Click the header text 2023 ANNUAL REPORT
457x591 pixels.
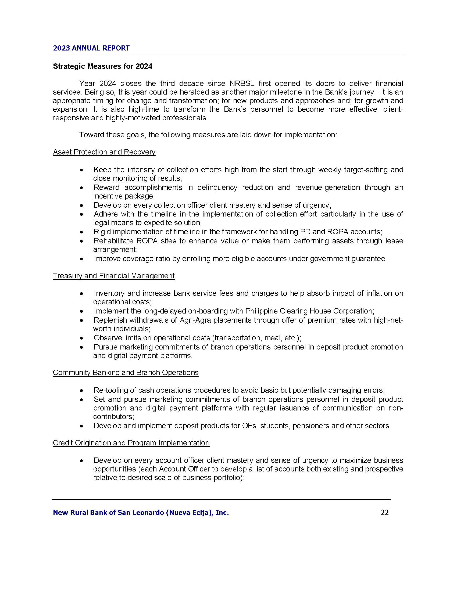pyautogui.click(x=91, y=48)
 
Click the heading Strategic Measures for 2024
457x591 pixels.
pyautogui.click(x=102, y=66)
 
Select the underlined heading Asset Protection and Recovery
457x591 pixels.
pyautogui.click(x=104, y=152)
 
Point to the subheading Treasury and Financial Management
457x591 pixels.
pyautogui.click(x=113, y=276)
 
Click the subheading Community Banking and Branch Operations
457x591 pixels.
pyautogui.click(x=125, y=372)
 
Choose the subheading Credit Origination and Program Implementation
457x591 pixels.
pyautogui.click(x=131, y=443)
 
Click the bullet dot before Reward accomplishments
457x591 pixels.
pyautogui.click(x=81, y=188)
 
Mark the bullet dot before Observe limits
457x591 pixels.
pyautogui.click(x=81, y=338)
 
